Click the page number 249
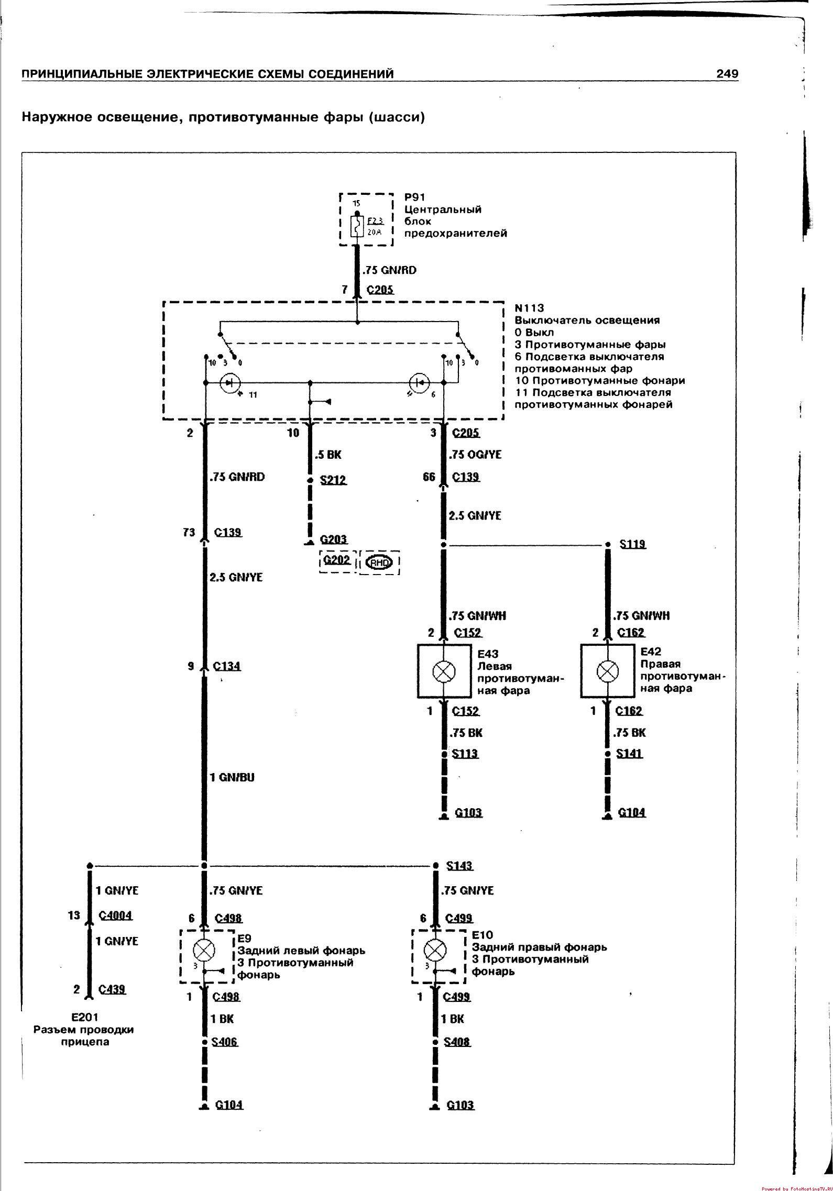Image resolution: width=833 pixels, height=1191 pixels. tap(727, 74)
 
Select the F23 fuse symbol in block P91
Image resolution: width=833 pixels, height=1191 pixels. tap(357, 226)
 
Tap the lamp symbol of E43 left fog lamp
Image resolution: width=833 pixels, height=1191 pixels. tap(444, 671)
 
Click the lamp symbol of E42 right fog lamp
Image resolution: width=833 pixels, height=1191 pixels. tap(607, 670)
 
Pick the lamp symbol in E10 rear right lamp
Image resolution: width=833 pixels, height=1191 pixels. tap(435, 950)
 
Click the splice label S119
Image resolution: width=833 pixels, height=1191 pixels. tap(633, 544)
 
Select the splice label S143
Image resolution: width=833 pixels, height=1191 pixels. tap(459, 866)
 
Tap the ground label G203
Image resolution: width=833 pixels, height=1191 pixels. tap(334, 539)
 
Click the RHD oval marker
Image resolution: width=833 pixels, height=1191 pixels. tap(378, 563)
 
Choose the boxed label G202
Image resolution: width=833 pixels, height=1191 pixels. tap(337, 560)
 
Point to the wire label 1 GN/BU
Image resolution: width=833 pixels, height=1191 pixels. tap(232, 778)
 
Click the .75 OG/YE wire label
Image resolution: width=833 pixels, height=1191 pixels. tap(475, 455)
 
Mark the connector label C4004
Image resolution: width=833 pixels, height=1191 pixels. tap(116, 916)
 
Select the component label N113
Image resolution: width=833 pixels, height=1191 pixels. tap(529, 308)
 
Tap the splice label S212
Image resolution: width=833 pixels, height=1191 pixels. tap(333, 480)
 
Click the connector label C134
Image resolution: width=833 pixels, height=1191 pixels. tap(227, 666)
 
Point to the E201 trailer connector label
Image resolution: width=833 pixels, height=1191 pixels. tap(84, 1017)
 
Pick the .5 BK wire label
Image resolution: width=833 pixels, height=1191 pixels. tap(328, 455)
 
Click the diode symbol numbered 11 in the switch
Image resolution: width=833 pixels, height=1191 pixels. tap(229, 383)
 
